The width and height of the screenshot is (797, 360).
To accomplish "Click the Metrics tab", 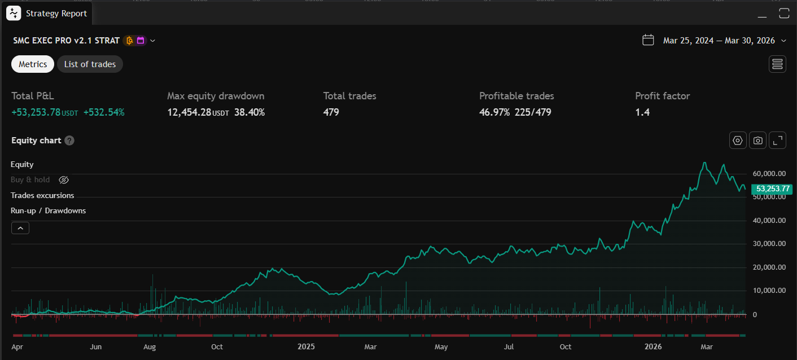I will (x=33, y=64).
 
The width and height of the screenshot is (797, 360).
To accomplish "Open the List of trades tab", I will (x=90, y=64).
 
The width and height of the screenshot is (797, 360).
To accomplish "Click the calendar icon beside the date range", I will (x=648, y=40).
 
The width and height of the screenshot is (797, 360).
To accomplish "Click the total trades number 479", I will (x=331, y=112).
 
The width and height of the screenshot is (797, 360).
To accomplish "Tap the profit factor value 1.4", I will (x=642, y=112).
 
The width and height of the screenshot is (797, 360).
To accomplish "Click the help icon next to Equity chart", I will (x=69, y=141).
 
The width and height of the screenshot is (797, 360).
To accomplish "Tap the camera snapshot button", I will (x=757, y=141).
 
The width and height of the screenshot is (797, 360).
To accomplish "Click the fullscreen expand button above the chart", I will (x=777, y=141).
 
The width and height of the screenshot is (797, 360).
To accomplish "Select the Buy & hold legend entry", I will (x=30, y=180).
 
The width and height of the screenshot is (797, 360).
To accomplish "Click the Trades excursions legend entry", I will (x=42, y=195).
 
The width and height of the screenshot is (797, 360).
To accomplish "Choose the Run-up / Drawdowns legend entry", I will (x=48, y=210).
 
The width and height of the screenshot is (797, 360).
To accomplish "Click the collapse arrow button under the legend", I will (x=20, y=228).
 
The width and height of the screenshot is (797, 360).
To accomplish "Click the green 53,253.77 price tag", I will (x=772, y=189).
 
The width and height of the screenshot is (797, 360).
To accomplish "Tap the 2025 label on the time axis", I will (x=306, y=346).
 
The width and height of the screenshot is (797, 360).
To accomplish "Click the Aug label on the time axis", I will (x=150, y=346).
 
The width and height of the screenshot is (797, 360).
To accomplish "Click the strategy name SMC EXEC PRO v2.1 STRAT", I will (x=66, y=41).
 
